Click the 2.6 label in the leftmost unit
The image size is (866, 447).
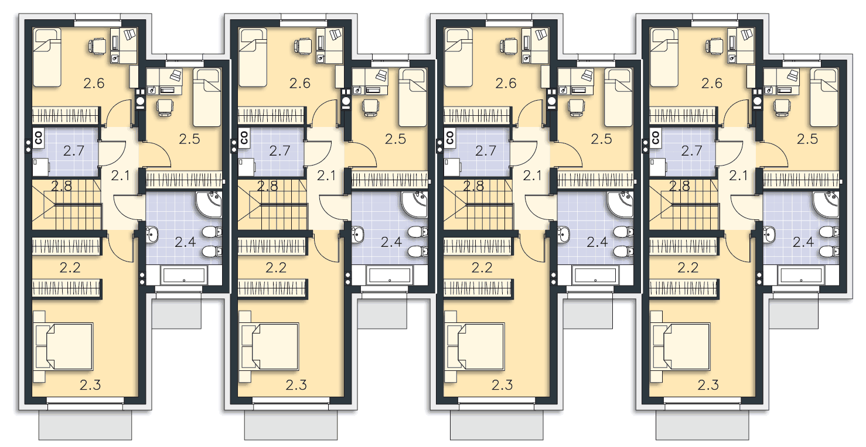tap(94, 84)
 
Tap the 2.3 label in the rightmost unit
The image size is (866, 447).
tap(708, 385)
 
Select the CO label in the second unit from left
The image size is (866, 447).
tap(244, 137)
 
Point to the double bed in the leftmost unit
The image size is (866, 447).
tap(63, 346)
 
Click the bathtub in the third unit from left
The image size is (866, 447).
tap(595, 275)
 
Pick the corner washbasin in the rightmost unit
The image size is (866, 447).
tap(826, 204)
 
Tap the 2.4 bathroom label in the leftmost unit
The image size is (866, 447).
tap(185, 242)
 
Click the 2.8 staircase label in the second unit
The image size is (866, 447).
tap(268, 187)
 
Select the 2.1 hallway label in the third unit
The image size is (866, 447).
tap(533, 176)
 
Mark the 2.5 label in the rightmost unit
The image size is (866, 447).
tap(807, 139)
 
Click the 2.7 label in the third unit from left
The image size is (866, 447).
tap(486, 150)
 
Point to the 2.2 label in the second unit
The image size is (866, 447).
tap(276, 267)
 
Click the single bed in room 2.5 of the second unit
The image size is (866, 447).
tap(413, 98)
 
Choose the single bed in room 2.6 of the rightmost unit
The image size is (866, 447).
tap(664, 57)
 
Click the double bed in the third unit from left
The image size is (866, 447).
tap(475, 346)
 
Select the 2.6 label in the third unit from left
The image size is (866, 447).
tap(506, 84)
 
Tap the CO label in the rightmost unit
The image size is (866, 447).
tap(656, 137)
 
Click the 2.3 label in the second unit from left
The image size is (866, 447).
tap(296, 385)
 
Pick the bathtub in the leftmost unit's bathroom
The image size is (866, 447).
tap(183, 275)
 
